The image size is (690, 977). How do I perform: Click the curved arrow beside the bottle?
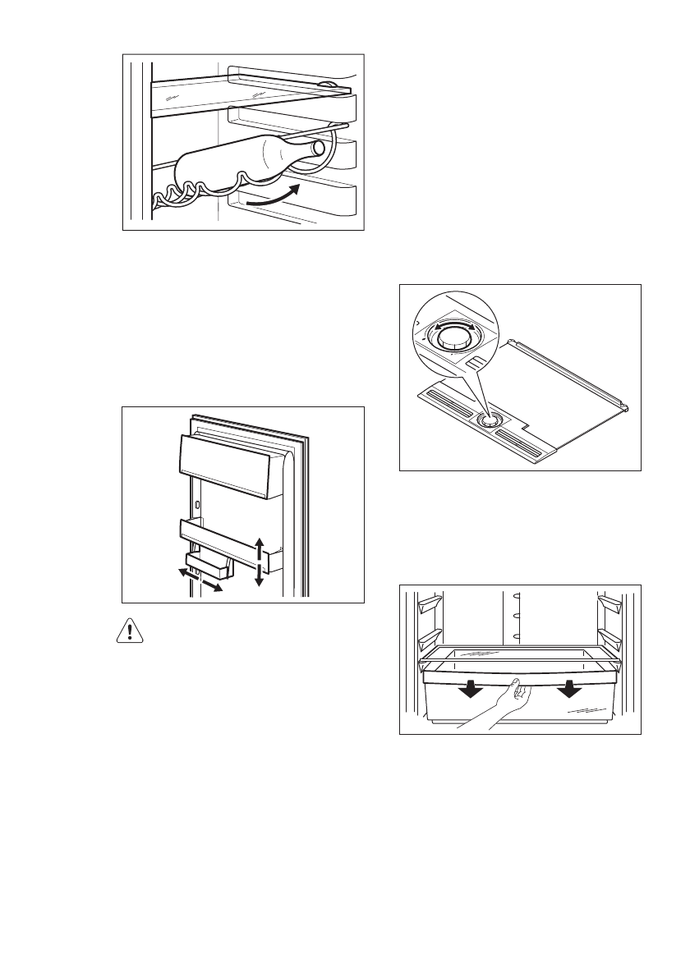272,196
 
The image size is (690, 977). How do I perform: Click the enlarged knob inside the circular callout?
456,342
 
